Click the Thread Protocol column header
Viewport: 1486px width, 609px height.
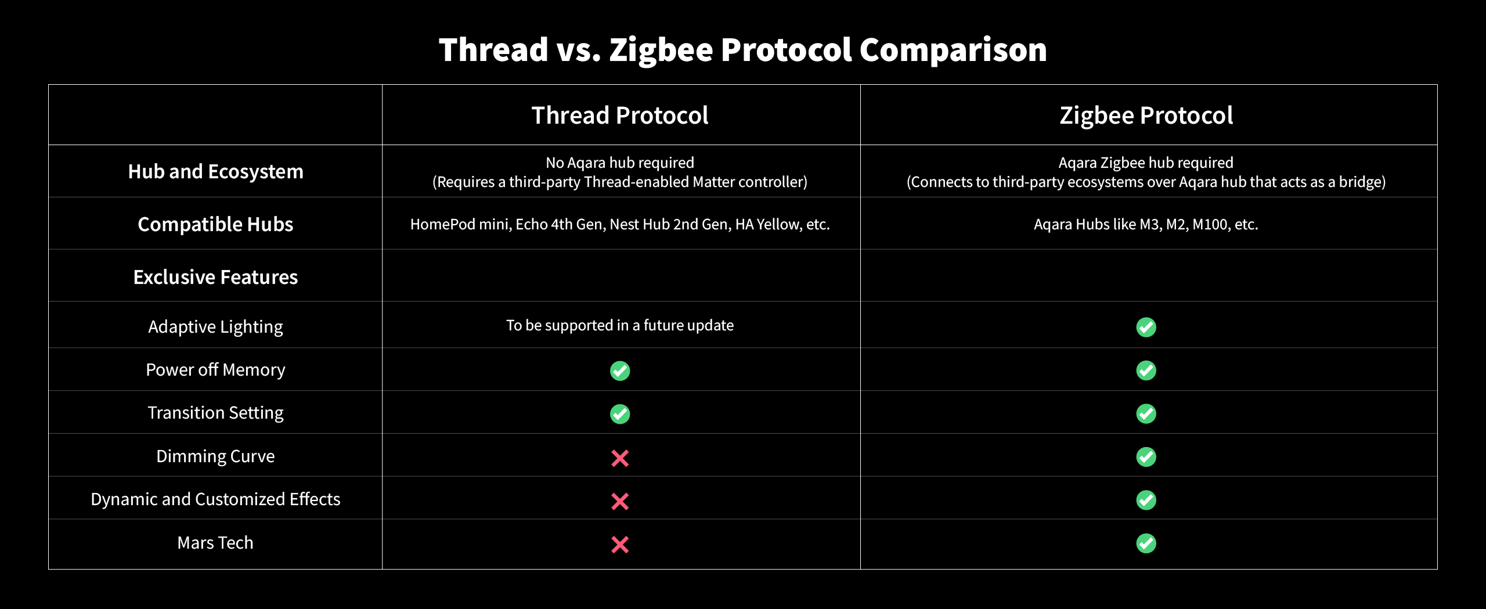coord(620,115)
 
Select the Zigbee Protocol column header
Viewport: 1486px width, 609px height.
coord(1146,115)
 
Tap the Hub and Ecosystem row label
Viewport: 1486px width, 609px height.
coord(215,171)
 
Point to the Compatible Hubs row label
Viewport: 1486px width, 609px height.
coord(215,224)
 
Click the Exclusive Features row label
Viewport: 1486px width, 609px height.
coord(215,277)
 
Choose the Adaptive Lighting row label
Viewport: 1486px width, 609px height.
coord(215,326)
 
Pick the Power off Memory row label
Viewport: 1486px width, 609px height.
coord(215,370)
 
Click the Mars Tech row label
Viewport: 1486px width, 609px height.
coord(215,542)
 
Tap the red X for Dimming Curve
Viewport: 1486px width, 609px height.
coord(620,458)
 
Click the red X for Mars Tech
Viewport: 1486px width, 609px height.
coord(620,544)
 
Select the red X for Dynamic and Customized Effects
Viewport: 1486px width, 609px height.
coord(620,501)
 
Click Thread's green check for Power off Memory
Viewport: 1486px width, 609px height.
coord(620,370)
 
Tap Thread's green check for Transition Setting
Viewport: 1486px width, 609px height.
coord(620,414)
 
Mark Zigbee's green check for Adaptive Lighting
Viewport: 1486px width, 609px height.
coord(1146,327)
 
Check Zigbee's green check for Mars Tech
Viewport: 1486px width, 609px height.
coord(1146,543)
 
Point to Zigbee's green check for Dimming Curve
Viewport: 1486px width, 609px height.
coord(1146,457)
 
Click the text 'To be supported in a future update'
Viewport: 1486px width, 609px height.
coord(620,325)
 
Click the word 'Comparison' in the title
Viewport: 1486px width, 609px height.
coord(953,50)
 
